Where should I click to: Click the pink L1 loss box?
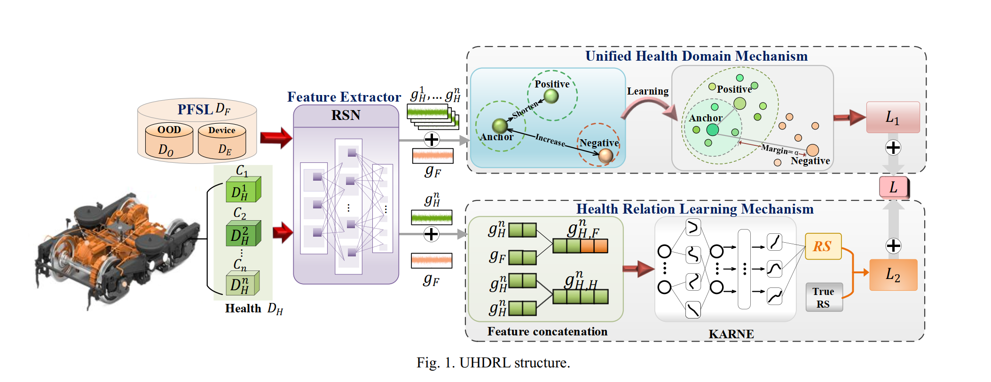pyautogui.click(x=892, y=117)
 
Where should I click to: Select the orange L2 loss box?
pyautogui.click(x=893, y=275)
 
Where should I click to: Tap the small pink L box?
pyautogui.click(x=893, y=187)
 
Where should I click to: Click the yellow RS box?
pyautogui.click(x=823, y=246)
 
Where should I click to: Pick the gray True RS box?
pyautogui.click(x=824, y=297)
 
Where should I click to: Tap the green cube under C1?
pyautogui.click(x=243, y=190)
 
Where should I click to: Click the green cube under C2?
pyautogui.click(x=243, y=234)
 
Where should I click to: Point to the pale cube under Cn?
pyautogui.click(x=243, y=284)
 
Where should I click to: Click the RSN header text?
pyautogui.click(x=346, y=115)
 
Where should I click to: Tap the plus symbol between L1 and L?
pyautogui.click(x=893, y=148)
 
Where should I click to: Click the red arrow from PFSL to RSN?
pyautogui.click(x=276, y=138)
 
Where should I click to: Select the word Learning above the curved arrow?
pyautogui.click(x=647, y=91)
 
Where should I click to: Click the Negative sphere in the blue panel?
pyautogui.click(x=606, y=156)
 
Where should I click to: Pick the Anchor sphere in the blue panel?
pyautogui.click(x=499, y=126)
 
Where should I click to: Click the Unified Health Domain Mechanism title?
pyautogui.click(x=696, y=56)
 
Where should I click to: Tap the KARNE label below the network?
pyautogui.click(x=731, y=334)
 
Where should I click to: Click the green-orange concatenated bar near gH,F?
pyautogui.click(x=580, y=246)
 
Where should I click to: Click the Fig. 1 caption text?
pyautogui.click(x=493, y=363)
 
